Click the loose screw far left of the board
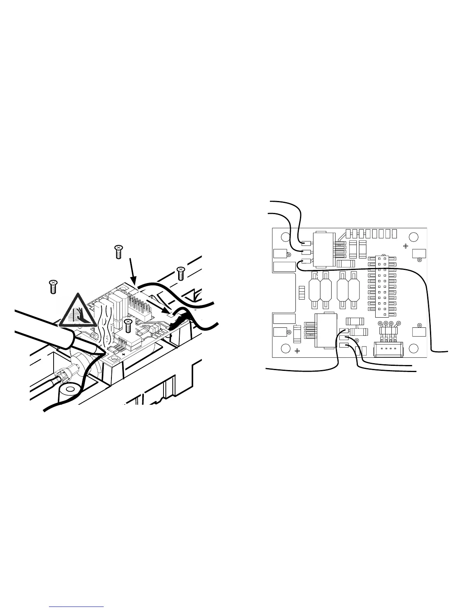coord(53,287)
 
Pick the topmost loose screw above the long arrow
coord(119,251)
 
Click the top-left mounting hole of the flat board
coord(285,237)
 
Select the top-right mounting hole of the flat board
coord(414,237)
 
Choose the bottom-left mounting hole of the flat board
coord(285,348)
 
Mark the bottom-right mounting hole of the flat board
coord(414,348)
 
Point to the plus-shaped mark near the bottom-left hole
coord(297,351)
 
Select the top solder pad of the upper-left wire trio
coord(307,243)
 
